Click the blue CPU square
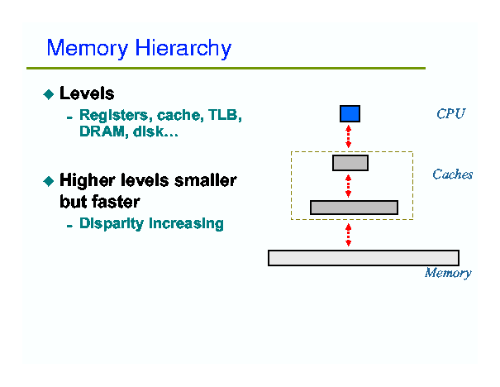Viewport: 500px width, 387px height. tap(350, 113)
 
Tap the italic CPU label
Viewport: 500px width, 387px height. tap(451, 114)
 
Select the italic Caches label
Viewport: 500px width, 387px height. tap(453, 174)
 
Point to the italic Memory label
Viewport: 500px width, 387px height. tap(448, 273)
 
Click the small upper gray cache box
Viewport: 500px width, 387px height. tap(350, 163)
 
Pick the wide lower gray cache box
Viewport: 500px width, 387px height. tap(354, 208)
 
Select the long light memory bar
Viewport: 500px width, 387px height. tap(364, 258)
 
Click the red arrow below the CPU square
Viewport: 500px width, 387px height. tap(349, 136)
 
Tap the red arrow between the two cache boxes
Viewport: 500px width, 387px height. tap(349, 186)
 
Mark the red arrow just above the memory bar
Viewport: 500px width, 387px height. tap(349, 235)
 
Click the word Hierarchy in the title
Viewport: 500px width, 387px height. tap(183, 49)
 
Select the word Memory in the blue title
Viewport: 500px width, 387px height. tap(88, 49)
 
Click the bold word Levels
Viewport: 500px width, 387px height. tap(87, 93)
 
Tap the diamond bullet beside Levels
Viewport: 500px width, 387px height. tap(49, 94)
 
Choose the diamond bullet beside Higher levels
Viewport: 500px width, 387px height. tap(49, 181)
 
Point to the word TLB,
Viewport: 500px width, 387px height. tap(225, 115)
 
